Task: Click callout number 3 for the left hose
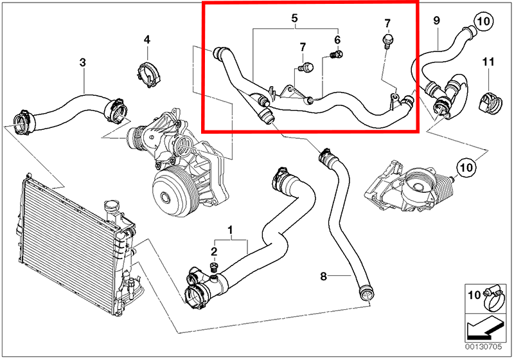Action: click(x=82, y=62)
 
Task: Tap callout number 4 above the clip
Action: click(x=146, y=40)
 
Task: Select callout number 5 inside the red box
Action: click(x=294, y=19)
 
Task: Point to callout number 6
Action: click(x=337, y=40)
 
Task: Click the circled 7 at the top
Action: click(x=387, y=24)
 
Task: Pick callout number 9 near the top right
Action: click(x=436, y=21)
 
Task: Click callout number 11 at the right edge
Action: click(x=488, y=62)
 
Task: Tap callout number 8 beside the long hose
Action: click(x=324, y=276)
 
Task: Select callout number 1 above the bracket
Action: click(x=231, y=230)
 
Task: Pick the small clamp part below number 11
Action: click(x=490, y=99)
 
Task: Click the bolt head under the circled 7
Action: click(x=386, y=42)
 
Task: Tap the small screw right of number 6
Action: click(x=333, y=56)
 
